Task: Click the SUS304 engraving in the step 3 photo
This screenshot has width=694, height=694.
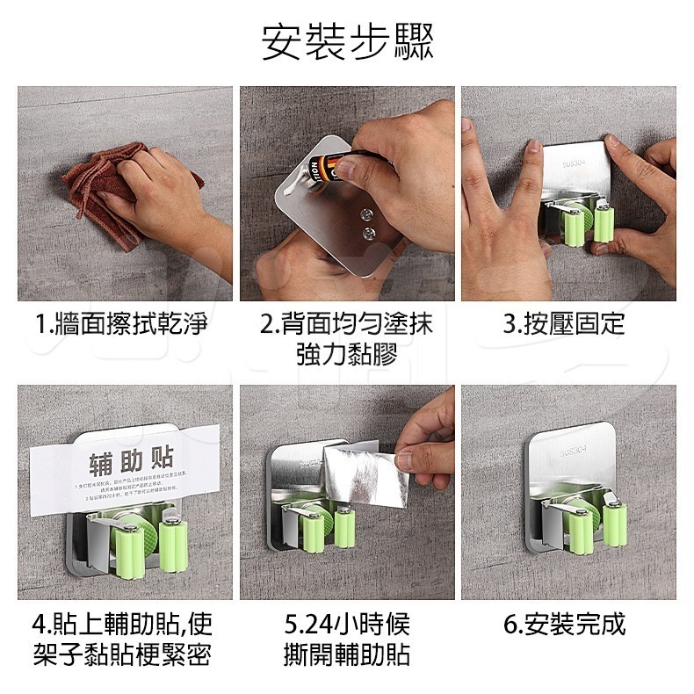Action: click(577, 163)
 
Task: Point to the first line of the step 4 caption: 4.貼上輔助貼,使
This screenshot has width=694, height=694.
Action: click(122, 625)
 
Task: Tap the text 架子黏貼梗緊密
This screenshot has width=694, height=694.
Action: click(122, 655)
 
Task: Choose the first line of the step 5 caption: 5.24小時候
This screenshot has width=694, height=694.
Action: click(347, 625)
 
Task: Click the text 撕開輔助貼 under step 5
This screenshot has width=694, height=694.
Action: click(347, 655)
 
